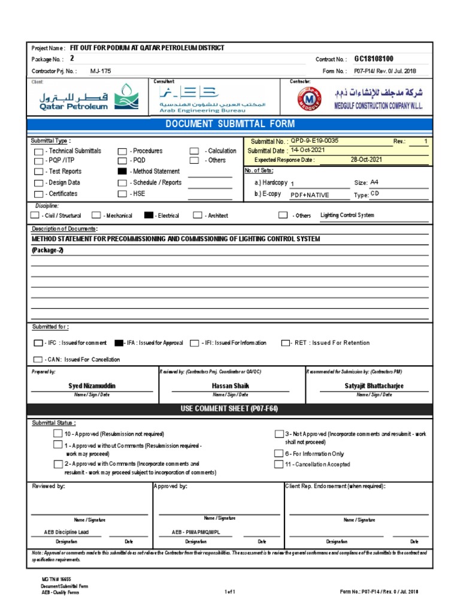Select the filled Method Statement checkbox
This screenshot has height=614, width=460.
coord(122,171)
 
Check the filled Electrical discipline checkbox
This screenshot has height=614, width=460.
coord(148,215)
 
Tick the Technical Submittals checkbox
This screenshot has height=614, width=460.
coord(39,152)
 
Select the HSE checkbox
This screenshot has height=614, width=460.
coord(122,194)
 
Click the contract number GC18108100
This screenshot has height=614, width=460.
coord(374,59)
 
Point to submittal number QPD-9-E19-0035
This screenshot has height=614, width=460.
coord(314,141)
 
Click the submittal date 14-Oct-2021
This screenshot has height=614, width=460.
coord(308,150)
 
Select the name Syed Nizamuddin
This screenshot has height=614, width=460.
coord(92,386)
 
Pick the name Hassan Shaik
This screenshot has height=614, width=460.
coord(231,386)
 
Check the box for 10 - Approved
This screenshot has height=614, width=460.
coord(57,434)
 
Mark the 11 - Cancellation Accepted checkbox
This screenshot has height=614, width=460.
coord(279,464)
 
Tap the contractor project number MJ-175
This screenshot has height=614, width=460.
coord(101,71)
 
